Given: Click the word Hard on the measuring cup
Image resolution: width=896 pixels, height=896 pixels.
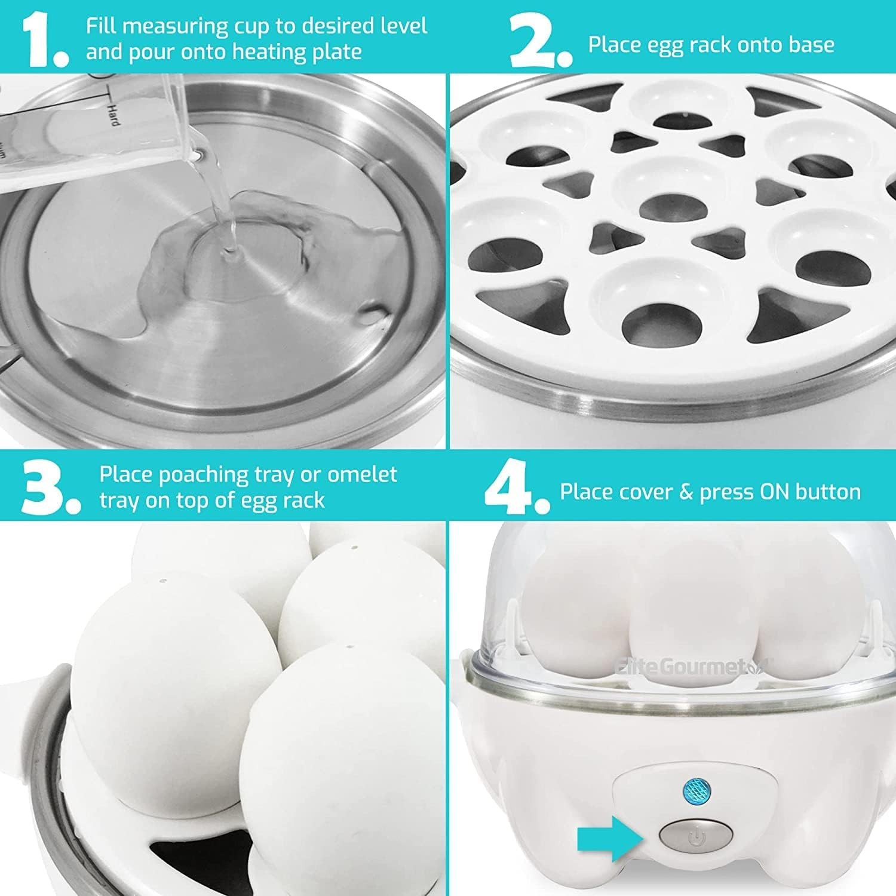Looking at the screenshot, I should (112, 113).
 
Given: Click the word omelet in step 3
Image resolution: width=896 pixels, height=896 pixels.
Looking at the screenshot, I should (362, 474).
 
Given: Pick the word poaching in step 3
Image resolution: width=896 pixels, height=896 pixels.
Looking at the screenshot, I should (203, 474).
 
